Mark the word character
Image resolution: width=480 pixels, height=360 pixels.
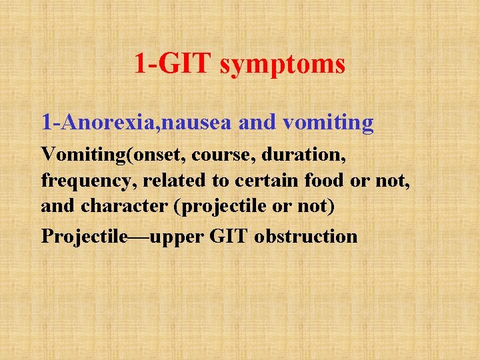(x=125, y=207)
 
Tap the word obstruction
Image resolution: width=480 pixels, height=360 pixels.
(x=305, y=237)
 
